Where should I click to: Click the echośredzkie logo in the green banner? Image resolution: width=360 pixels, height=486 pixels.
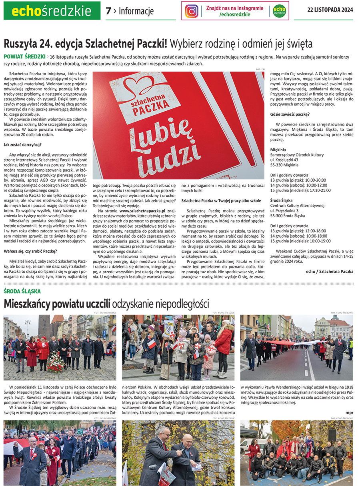[x=52, y=10]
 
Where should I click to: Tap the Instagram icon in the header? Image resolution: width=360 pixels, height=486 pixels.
[x=192, y=11]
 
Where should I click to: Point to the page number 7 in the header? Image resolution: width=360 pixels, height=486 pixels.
[x=108, y=11]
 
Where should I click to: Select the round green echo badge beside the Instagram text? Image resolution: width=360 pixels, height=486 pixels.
[x=279, y=11]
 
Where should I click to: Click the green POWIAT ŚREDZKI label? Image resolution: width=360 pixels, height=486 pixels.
[x=24, y=57]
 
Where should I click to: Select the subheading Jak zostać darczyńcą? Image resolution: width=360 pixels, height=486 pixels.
[x=23, y=144]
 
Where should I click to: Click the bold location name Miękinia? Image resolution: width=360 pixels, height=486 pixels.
[x=278, y=150]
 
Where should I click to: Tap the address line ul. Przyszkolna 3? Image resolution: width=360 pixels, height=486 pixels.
[x=287, y=210]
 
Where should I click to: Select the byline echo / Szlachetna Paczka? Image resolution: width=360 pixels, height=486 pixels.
[x=329, y=271]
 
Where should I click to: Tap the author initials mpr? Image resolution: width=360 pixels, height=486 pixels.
[x=349, y=412]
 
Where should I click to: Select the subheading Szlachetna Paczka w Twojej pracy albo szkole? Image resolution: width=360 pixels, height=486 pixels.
[x=221, y=200]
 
